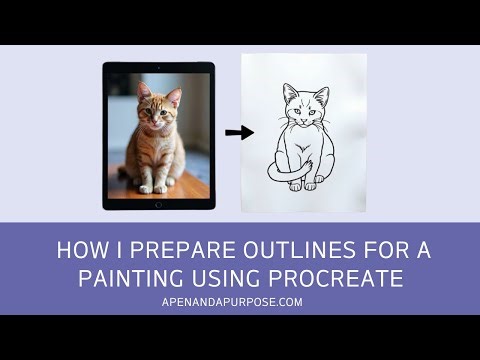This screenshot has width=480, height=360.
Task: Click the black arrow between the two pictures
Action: tap(239, 132)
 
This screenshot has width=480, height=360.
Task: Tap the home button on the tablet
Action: tap(159, 205)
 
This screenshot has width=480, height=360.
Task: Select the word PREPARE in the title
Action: tap(169, 249)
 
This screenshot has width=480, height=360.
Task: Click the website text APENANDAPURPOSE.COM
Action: tap(240, 300)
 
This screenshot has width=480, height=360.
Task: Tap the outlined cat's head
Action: tap(304, 108)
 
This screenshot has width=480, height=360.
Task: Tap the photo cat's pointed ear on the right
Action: tap(175, 96)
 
